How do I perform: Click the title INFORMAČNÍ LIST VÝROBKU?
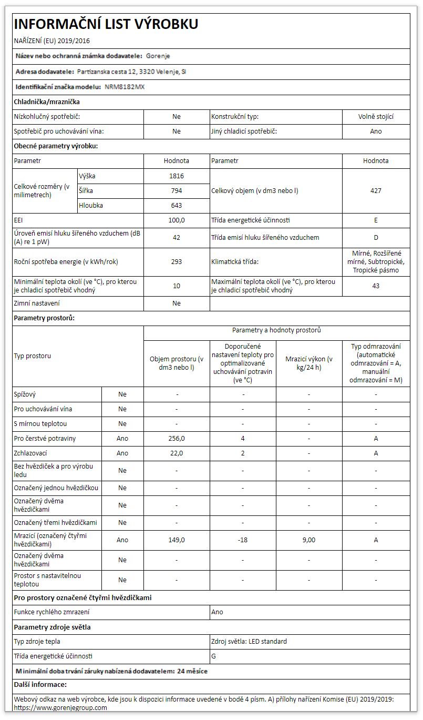(x=106, y=24)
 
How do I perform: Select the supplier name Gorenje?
(x=158, y=56)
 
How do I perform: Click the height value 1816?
(x=177, y=176)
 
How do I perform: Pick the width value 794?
(x=177, y=191)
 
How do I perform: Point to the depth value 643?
(x=177, y=206)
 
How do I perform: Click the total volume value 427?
(x=376, y=191)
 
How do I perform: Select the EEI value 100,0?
(x=177, y=220)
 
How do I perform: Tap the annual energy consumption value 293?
(x=177, y=262)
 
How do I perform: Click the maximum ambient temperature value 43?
(x=376, y=286)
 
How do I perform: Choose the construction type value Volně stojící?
(x=376, y=117)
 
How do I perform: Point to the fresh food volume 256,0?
(x=177, y=438)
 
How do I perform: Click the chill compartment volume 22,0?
(x=177, y=453)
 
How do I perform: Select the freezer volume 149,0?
(x=177, y=540)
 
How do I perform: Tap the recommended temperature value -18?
(x=243, y=540)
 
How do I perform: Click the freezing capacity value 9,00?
(x=309, y=540)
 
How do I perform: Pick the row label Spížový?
(x=25, y=394)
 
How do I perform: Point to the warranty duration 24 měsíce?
(x=192, y=671)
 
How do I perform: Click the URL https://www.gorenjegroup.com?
(x=60, y=707)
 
